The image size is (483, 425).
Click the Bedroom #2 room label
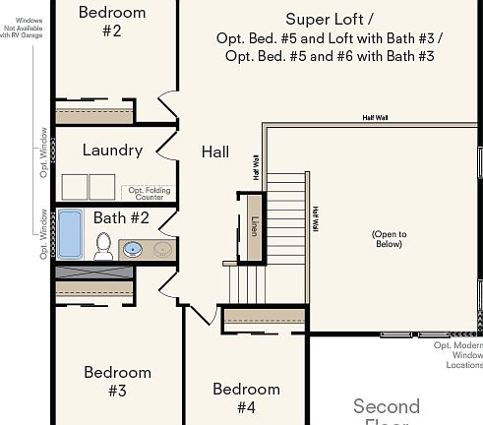111,22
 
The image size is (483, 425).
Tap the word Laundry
112,151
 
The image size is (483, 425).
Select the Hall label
215,152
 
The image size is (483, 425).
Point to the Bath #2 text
121,217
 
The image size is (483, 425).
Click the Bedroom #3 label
117,381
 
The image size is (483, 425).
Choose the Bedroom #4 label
246,397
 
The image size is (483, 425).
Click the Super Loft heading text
330,19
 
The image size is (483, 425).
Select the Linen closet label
254,227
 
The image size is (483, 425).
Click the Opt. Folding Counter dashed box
148,193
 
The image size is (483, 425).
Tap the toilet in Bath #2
103,246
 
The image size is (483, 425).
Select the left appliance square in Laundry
75,187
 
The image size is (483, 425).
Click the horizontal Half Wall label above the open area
375,117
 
